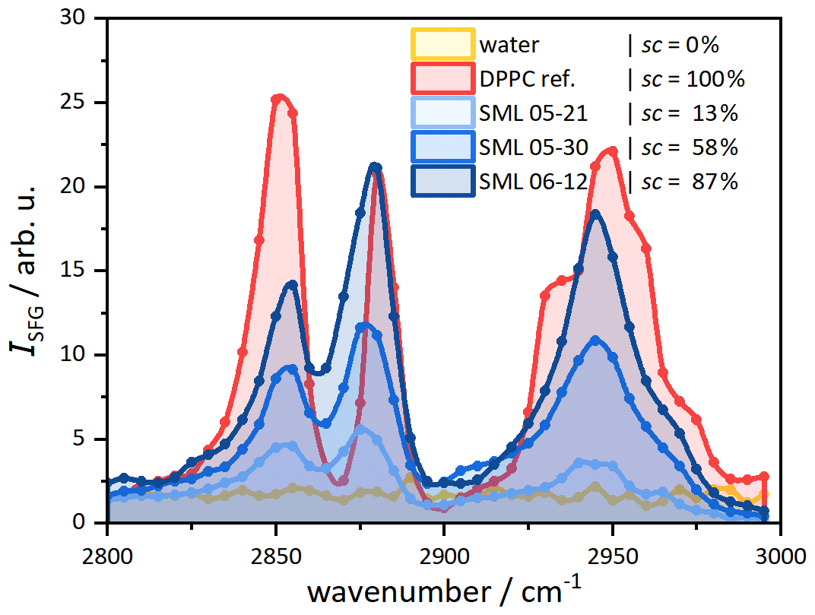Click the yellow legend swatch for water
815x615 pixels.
[x=442, y=44]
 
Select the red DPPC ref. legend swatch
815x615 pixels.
[x=442, y=78]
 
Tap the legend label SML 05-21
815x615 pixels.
[x=533, y=113]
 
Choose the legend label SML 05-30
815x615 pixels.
[x=533, y=147]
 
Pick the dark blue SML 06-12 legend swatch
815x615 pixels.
[x=442, y=181]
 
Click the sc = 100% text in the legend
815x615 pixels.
[x=693, y=79]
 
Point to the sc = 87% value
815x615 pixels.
[x=690, y=182]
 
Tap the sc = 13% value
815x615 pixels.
[x=690, y=113]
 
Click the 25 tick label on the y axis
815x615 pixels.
[x=72, y=102]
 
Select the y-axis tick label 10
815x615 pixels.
[x=72, y=354]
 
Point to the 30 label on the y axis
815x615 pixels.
[x=72, y=17]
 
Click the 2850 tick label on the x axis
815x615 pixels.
[x=275, y=556]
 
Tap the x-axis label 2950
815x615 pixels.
[x=612, y=556]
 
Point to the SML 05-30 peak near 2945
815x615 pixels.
[x=595, y=340]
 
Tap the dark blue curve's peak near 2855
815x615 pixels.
[x=293, y=284]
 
